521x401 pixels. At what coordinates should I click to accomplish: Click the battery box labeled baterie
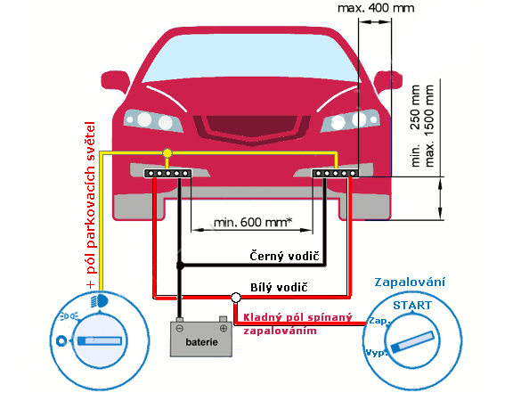coord(201,339)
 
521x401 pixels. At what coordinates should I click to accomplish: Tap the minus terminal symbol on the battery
coord(179,329)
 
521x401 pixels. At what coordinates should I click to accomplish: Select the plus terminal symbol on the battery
coord(224,329)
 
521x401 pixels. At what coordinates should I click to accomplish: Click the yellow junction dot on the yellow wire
coord(167,153)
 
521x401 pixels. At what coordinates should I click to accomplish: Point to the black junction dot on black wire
coord(180,266)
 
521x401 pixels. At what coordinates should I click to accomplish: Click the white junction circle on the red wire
coord(236,298)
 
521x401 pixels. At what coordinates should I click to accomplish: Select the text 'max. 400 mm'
coord(376,8)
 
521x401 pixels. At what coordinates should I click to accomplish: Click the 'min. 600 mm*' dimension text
coord(253,222)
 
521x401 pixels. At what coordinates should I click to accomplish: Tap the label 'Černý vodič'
coord(284,256)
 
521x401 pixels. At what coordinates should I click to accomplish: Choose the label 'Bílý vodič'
coord(279,287)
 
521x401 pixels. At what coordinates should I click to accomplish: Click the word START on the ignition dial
coord(412,306)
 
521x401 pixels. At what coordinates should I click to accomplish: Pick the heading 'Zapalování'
coord(410,282)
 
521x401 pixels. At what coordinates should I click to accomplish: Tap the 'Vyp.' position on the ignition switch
coord(377,353)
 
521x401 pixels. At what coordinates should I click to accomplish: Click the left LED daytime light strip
coord(167,173)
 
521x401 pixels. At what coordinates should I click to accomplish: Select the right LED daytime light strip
coord(335,173)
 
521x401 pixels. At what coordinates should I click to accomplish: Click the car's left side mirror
coord(115,81)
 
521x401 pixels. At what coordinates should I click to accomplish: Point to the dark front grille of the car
coord(251,126)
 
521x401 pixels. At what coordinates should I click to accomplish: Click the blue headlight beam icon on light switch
coord(100,301)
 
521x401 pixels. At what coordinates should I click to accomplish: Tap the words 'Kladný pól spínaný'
coord(297,317)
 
